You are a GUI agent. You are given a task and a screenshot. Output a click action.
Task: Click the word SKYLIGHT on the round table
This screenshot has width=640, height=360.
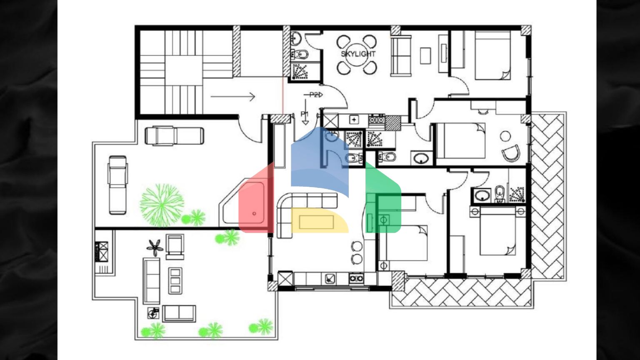pos(358,54)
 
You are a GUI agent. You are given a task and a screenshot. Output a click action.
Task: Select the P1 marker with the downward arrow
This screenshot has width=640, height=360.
pos(305,114)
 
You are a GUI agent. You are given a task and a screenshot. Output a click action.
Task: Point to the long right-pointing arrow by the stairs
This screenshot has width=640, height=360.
pos(232,97)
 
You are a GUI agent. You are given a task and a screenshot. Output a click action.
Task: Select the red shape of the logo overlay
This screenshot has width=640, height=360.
pos(255,200)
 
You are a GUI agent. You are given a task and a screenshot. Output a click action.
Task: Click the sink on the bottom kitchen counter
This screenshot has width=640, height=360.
pos(330,278)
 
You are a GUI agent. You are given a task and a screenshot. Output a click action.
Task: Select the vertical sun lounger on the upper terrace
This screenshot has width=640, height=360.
pos(117,185)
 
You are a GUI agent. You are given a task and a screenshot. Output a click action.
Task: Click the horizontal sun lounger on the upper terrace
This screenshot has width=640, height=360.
pos(174,136)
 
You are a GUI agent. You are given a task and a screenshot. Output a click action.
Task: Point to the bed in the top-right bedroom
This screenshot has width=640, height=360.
pos(492,55)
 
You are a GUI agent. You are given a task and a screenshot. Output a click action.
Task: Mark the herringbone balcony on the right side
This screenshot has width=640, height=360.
pos(548,196)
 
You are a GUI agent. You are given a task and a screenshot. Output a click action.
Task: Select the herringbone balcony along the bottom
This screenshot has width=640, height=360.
pos(460,293)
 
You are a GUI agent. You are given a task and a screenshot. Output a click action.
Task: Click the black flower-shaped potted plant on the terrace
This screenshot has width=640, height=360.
pos(155,247)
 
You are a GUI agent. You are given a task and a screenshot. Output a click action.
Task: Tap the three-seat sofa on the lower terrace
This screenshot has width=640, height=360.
pos(152,280)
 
